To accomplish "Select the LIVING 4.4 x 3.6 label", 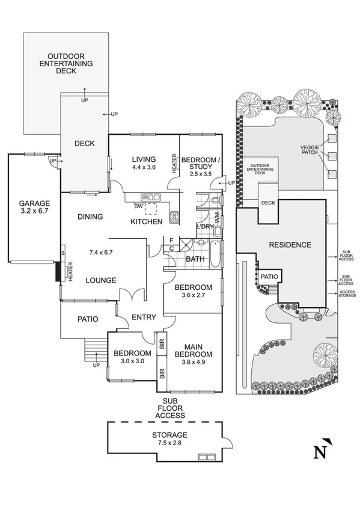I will point(144,163).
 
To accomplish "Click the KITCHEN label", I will point(147,222).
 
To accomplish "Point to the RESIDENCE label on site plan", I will point(290,245).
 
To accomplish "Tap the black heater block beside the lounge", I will point(59,271).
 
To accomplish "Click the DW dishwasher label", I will point(138,206).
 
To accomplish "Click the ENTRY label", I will point(144,318).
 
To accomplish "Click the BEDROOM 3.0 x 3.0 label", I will point(132,357).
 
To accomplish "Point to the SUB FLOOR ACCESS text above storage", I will point(170,408).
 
